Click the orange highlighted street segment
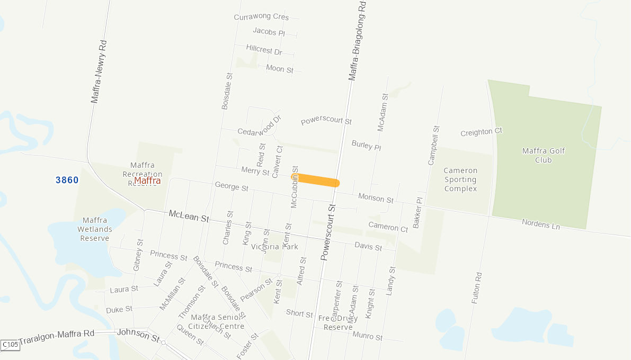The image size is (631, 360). tap(318, 180)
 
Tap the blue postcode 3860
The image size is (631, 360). tap(67, 180)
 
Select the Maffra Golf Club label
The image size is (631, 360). tap(544, 155)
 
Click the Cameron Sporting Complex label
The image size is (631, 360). tap(460, 179)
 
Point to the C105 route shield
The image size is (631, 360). tap(10, 345)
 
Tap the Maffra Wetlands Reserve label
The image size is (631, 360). tap(95, 229)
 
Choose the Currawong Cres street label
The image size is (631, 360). tap(261, 17)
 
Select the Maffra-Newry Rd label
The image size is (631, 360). tap(98, 71)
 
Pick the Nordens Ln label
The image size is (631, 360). tap(540, 224)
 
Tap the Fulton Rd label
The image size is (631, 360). tap(476, 287)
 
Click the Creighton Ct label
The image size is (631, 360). tap(481, 132)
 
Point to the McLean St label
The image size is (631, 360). tap(189, 216)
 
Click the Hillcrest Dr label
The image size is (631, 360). tap(264, 50)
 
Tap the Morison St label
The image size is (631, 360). tap(376, 199)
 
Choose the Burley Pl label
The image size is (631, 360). tap(366, 145)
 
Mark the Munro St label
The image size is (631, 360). tap(367, 336)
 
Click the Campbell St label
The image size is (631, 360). tap(433, 145)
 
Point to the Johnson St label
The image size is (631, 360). tap(138, 335)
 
